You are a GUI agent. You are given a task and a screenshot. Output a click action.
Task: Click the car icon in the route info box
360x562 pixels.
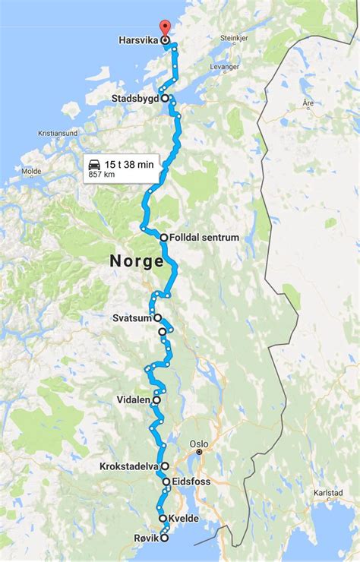tap(95, 164)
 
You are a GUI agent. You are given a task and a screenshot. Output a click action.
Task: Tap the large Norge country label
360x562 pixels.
tap(137, 261)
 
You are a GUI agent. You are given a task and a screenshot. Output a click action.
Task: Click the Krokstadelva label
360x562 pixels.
tap(129, 466)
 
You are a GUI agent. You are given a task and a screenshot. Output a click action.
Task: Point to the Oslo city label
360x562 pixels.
tap(198, 443)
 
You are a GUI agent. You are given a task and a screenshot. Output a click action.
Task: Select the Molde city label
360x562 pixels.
tap(31, 172)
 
